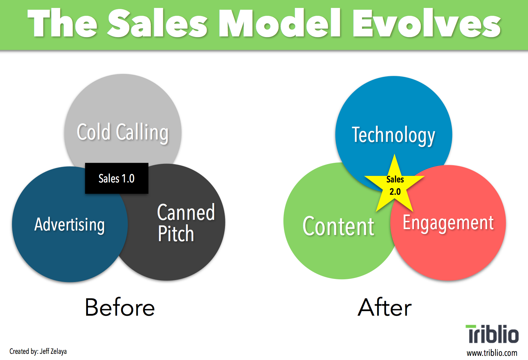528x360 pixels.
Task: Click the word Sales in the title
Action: tap(157, 23)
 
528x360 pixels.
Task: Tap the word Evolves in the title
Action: tap(426, 23)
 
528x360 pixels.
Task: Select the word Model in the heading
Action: tap(280, 23)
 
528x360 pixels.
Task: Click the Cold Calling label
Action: tap(123, 132)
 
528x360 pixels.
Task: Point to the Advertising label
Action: tap(69, 225)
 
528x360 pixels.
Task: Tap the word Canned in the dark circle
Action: tap(186, 212)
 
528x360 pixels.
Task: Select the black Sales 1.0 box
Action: tap(117, 178)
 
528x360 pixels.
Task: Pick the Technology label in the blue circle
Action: tap(393, 135)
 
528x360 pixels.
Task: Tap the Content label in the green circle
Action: tap(338, 226)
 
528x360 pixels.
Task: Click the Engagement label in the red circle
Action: tap(448, 223)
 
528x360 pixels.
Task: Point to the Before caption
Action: tap(120, 307)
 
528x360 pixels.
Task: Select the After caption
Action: tap(384, 307)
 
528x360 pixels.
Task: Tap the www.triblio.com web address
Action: tap(492, 353)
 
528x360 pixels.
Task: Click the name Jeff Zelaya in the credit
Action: tap(53, 351)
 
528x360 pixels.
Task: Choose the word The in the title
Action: tap(62, 23)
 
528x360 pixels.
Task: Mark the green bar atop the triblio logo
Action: tap(471, 326)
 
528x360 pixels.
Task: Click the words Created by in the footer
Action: tap(24, 351)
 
